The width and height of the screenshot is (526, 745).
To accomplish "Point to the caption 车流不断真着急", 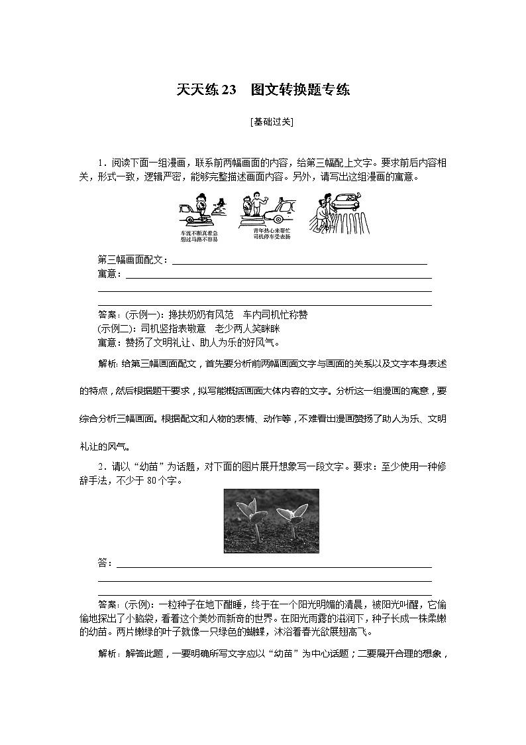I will (x=199, y=234).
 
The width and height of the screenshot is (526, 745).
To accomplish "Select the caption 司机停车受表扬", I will (x=272, y=236).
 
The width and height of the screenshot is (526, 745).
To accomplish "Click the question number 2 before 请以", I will (x=101, y=467).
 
